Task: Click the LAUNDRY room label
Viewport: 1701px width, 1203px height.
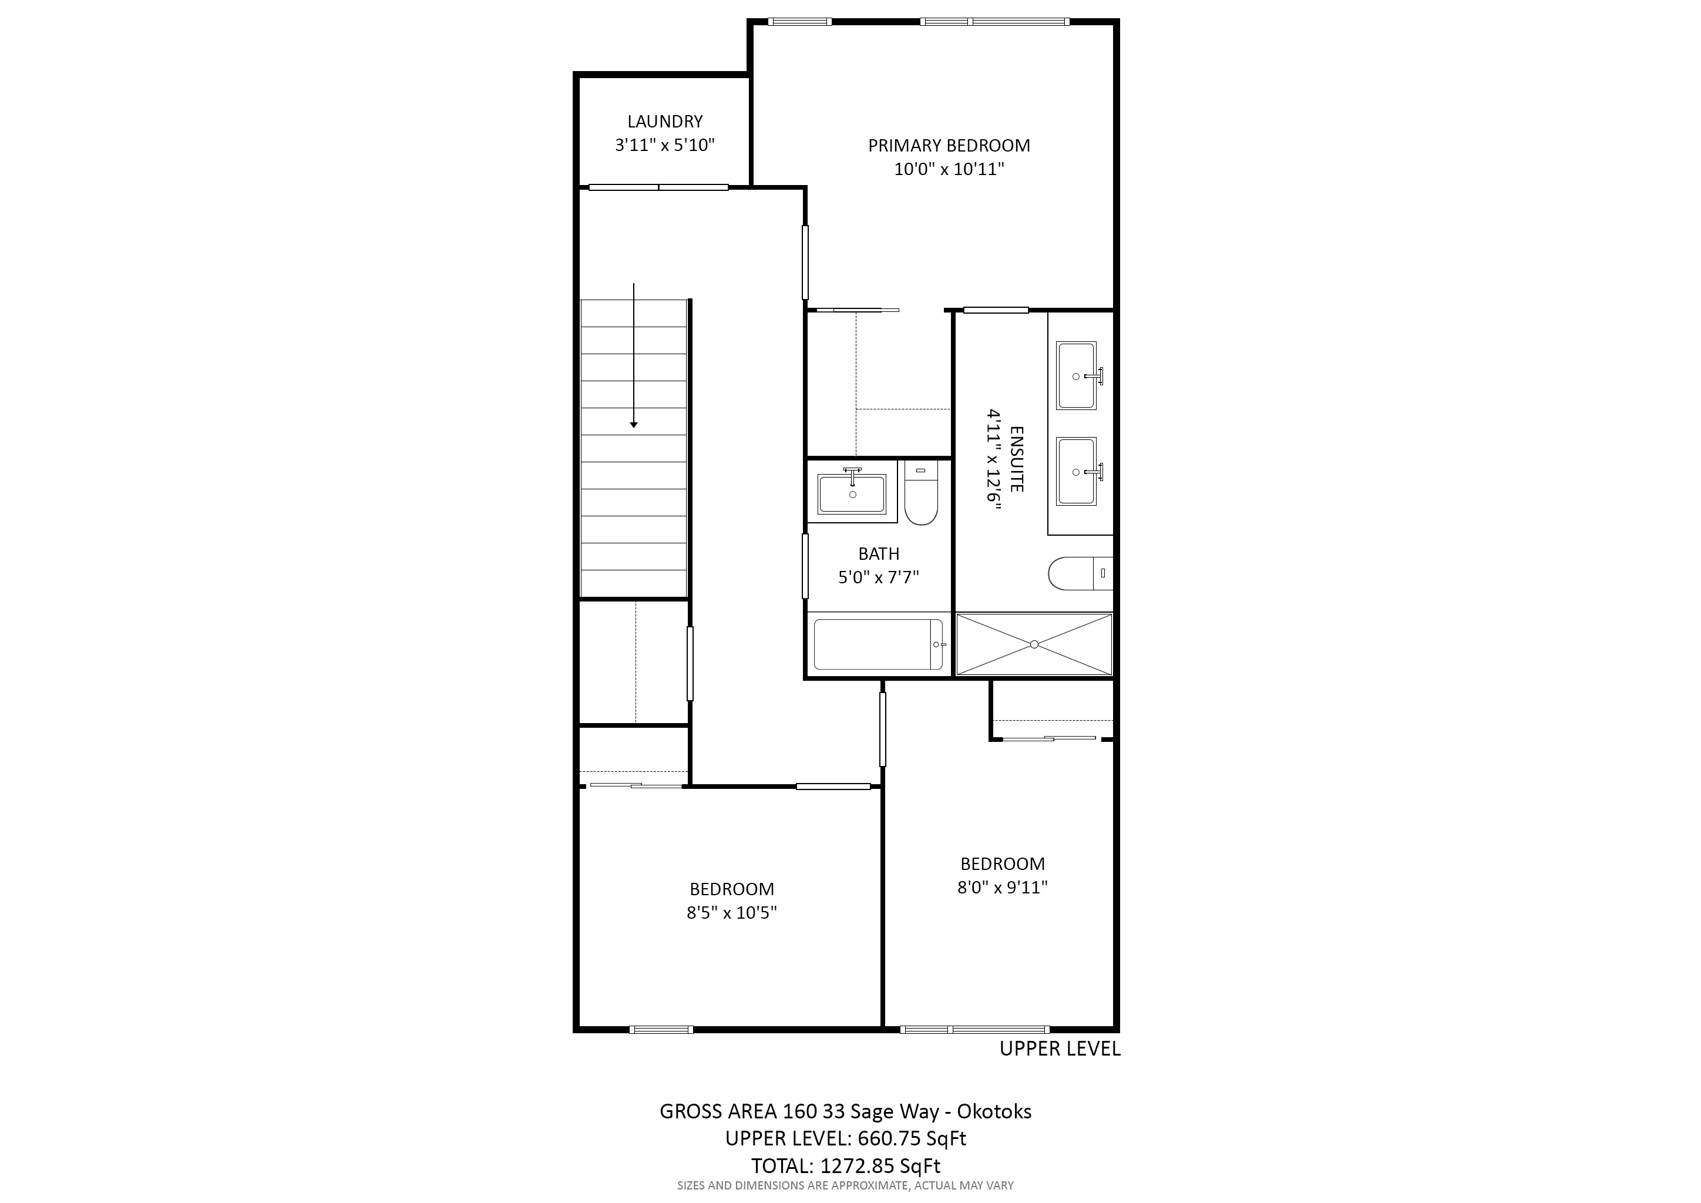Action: pos(664,122)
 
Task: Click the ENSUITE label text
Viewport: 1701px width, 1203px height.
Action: pos(1017,459)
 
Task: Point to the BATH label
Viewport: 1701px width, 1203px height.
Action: pos(879,553)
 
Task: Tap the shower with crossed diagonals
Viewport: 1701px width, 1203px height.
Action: pos(1034,644)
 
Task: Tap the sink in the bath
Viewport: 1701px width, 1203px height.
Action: pos(852,494)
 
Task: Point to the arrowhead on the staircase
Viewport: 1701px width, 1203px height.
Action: pos(633,425)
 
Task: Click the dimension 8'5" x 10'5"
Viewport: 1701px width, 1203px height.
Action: pos(731,913)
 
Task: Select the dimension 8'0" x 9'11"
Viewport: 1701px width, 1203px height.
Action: pos(1003,887)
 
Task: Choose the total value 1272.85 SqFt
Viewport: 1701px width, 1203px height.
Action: pos(879,1165)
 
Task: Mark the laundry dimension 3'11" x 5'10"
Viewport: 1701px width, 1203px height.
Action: pos(664,145)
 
